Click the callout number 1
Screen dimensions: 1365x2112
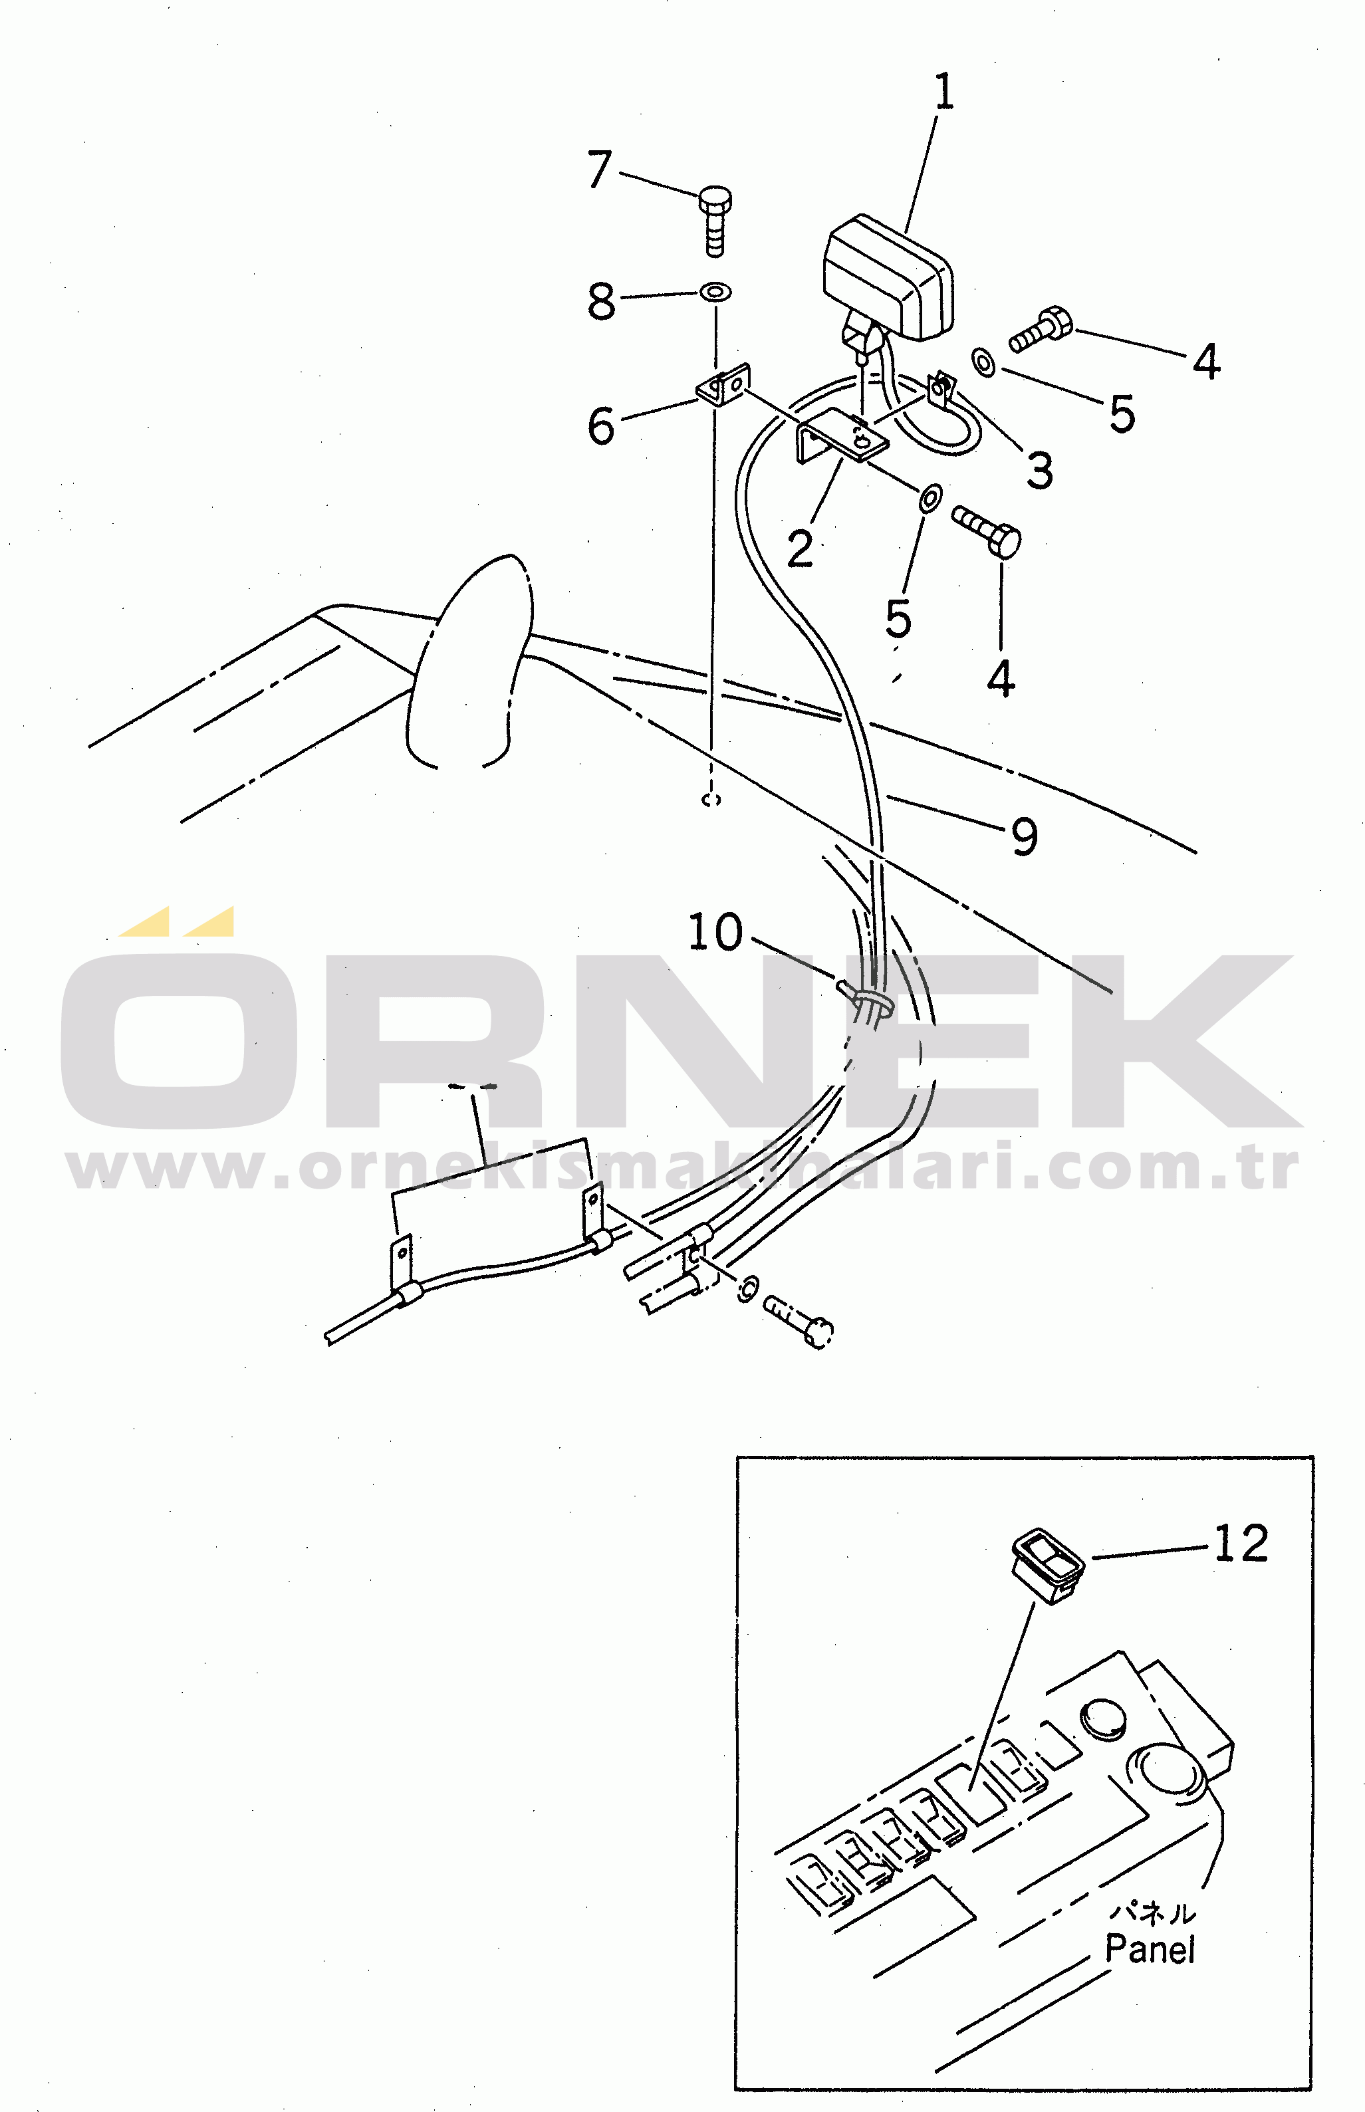point(945,92)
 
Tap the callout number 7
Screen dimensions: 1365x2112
point(600,170)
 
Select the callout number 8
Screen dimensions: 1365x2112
point(601,300)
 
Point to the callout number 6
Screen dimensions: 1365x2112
point(601,425)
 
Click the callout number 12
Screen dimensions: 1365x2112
point(1241,1543)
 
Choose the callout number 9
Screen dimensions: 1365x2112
point(1025,837)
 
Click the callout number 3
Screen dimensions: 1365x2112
point(1041,470)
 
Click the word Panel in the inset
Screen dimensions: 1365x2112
point(1150,1950)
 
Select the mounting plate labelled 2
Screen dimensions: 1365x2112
point(842,436)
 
